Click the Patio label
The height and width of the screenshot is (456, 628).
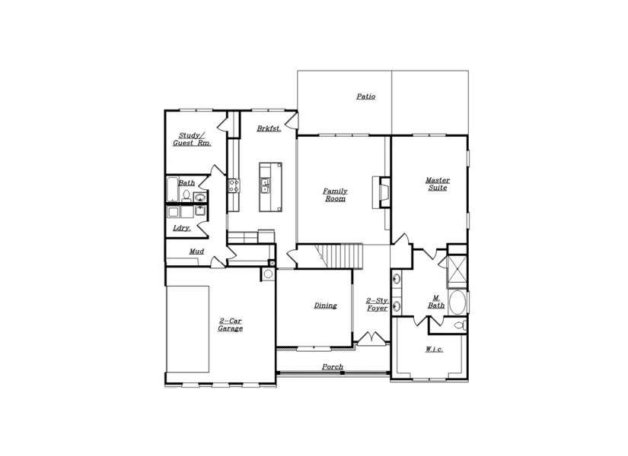coord(365,97)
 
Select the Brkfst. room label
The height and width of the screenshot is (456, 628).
coord(269,128)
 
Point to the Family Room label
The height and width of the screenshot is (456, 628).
coord(335,195)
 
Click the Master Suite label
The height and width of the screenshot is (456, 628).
coord(437,184)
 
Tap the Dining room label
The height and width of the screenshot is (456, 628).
coord(325,306)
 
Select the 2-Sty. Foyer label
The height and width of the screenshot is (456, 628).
coord(378,305)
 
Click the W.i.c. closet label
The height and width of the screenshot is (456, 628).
coord(433,349)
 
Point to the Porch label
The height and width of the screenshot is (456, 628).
coord(332,367)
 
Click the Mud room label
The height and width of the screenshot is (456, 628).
coord(196,252)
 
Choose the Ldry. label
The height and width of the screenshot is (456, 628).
coord(181,227)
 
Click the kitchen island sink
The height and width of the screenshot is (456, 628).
coord(264,182)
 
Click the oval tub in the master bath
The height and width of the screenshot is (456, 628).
coord(458,304)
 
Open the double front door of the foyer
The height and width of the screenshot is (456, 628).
coord(371,337)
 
